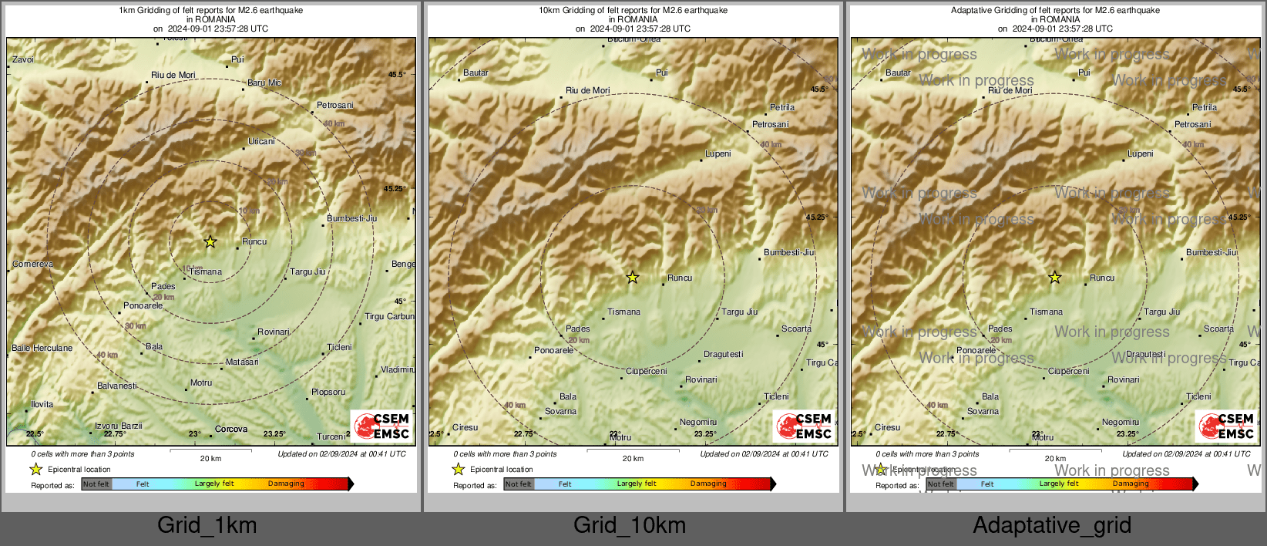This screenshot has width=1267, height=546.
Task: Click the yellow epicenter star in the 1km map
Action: (x=210, y=241)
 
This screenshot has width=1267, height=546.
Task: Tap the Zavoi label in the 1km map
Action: (x=23, y=59)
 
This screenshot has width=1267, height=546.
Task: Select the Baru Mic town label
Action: (x=264, y=83)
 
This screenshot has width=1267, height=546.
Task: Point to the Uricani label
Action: (x=261, y=141)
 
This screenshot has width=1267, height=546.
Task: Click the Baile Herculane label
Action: (x=42, y=348)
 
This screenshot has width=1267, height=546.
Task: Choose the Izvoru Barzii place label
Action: (x=119, y=426)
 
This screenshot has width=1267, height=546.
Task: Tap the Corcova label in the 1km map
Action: (x=231, y=429)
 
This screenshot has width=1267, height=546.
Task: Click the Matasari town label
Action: (x=242, y=362)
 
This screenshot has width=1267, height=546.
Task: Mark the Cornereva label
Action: (x=33, y=264)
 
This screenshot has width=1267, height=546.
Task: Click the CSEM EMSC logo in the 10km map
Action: (x=804, y=426)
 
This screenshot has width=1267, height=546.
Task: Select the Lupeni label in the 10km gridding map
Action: (x=718, y=153)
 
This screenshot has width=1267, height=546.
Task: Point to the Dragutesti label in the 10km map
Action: (x=723, y=354)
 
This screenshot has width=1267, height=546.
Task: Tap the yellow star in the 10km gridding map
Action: (x=632, y=277)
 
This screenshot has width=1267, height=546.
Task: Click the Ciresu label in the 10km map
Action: (x=465, y=427)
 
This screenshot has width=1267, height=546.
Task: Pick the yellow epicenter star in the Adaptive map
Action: (x=1054, y=277)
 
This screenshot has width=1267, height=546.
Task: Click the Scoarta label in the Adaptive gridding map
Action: (x=1218, y=329)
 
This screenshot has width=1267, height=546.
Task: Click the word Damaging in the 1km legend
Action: (x=286, y=484)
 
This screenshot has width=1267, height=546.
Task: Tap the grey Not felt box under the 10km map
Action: (x=518, y=484)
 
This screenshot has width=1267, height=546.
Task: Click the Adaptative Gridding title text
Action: (x=1055, y=11)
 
